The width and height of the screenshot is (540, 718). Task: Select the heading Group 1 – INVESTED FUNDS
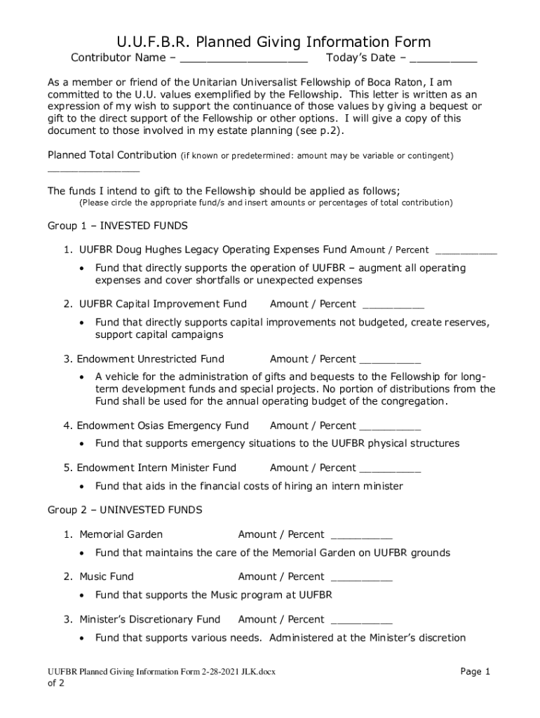tap(117, 226)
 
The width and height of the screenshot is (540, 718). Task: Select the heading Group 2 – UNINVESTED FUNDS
tap(125, 509)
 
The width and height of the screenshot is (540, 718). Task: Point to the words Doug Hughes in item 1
tap(145, 250)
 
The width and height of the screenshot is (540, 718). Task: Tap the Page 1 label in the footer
tap(475, 672)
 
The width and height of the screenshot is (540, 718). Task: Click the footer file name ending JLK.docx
tap(157, 672)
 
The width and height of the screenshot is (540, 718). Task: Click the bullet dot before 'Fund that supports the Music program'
tap(83, 596)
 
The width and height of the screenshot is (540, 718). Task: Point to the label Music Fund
tap(106, 576)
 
